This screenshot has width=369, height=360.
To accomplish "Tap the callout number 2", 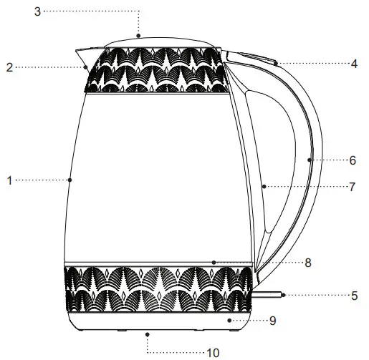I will coord(9,67).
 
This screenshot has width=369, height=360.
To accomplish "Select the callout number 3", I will coord(37,11).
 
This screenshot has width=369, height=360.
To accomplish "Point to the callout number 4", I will coord(354,64).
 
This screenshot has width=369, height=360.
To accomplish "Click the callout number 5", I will coord(354,294).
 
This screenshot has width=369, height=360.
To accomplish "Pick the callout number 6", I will coord(352,160).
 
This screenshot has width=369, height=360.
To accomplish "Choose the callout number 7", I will coord(352,188).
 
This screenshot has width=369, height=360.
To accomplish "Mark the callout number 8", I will coord(307,263).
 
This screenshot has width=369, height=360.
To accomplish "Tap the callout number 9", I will coord(272,321).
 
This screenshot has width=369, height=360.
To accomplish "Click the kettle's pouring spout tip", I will coord(76,49).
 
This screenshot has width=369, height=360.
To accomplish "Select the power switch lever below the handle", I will coord(269,293).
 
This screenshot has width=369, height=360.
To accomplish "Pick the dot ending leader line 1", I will coord(69,180).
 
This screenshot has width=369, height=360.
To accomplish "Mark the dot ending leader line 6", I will coord(310,160).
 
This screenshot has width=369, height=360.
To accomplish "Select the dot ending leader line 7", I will coord(264,187).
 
